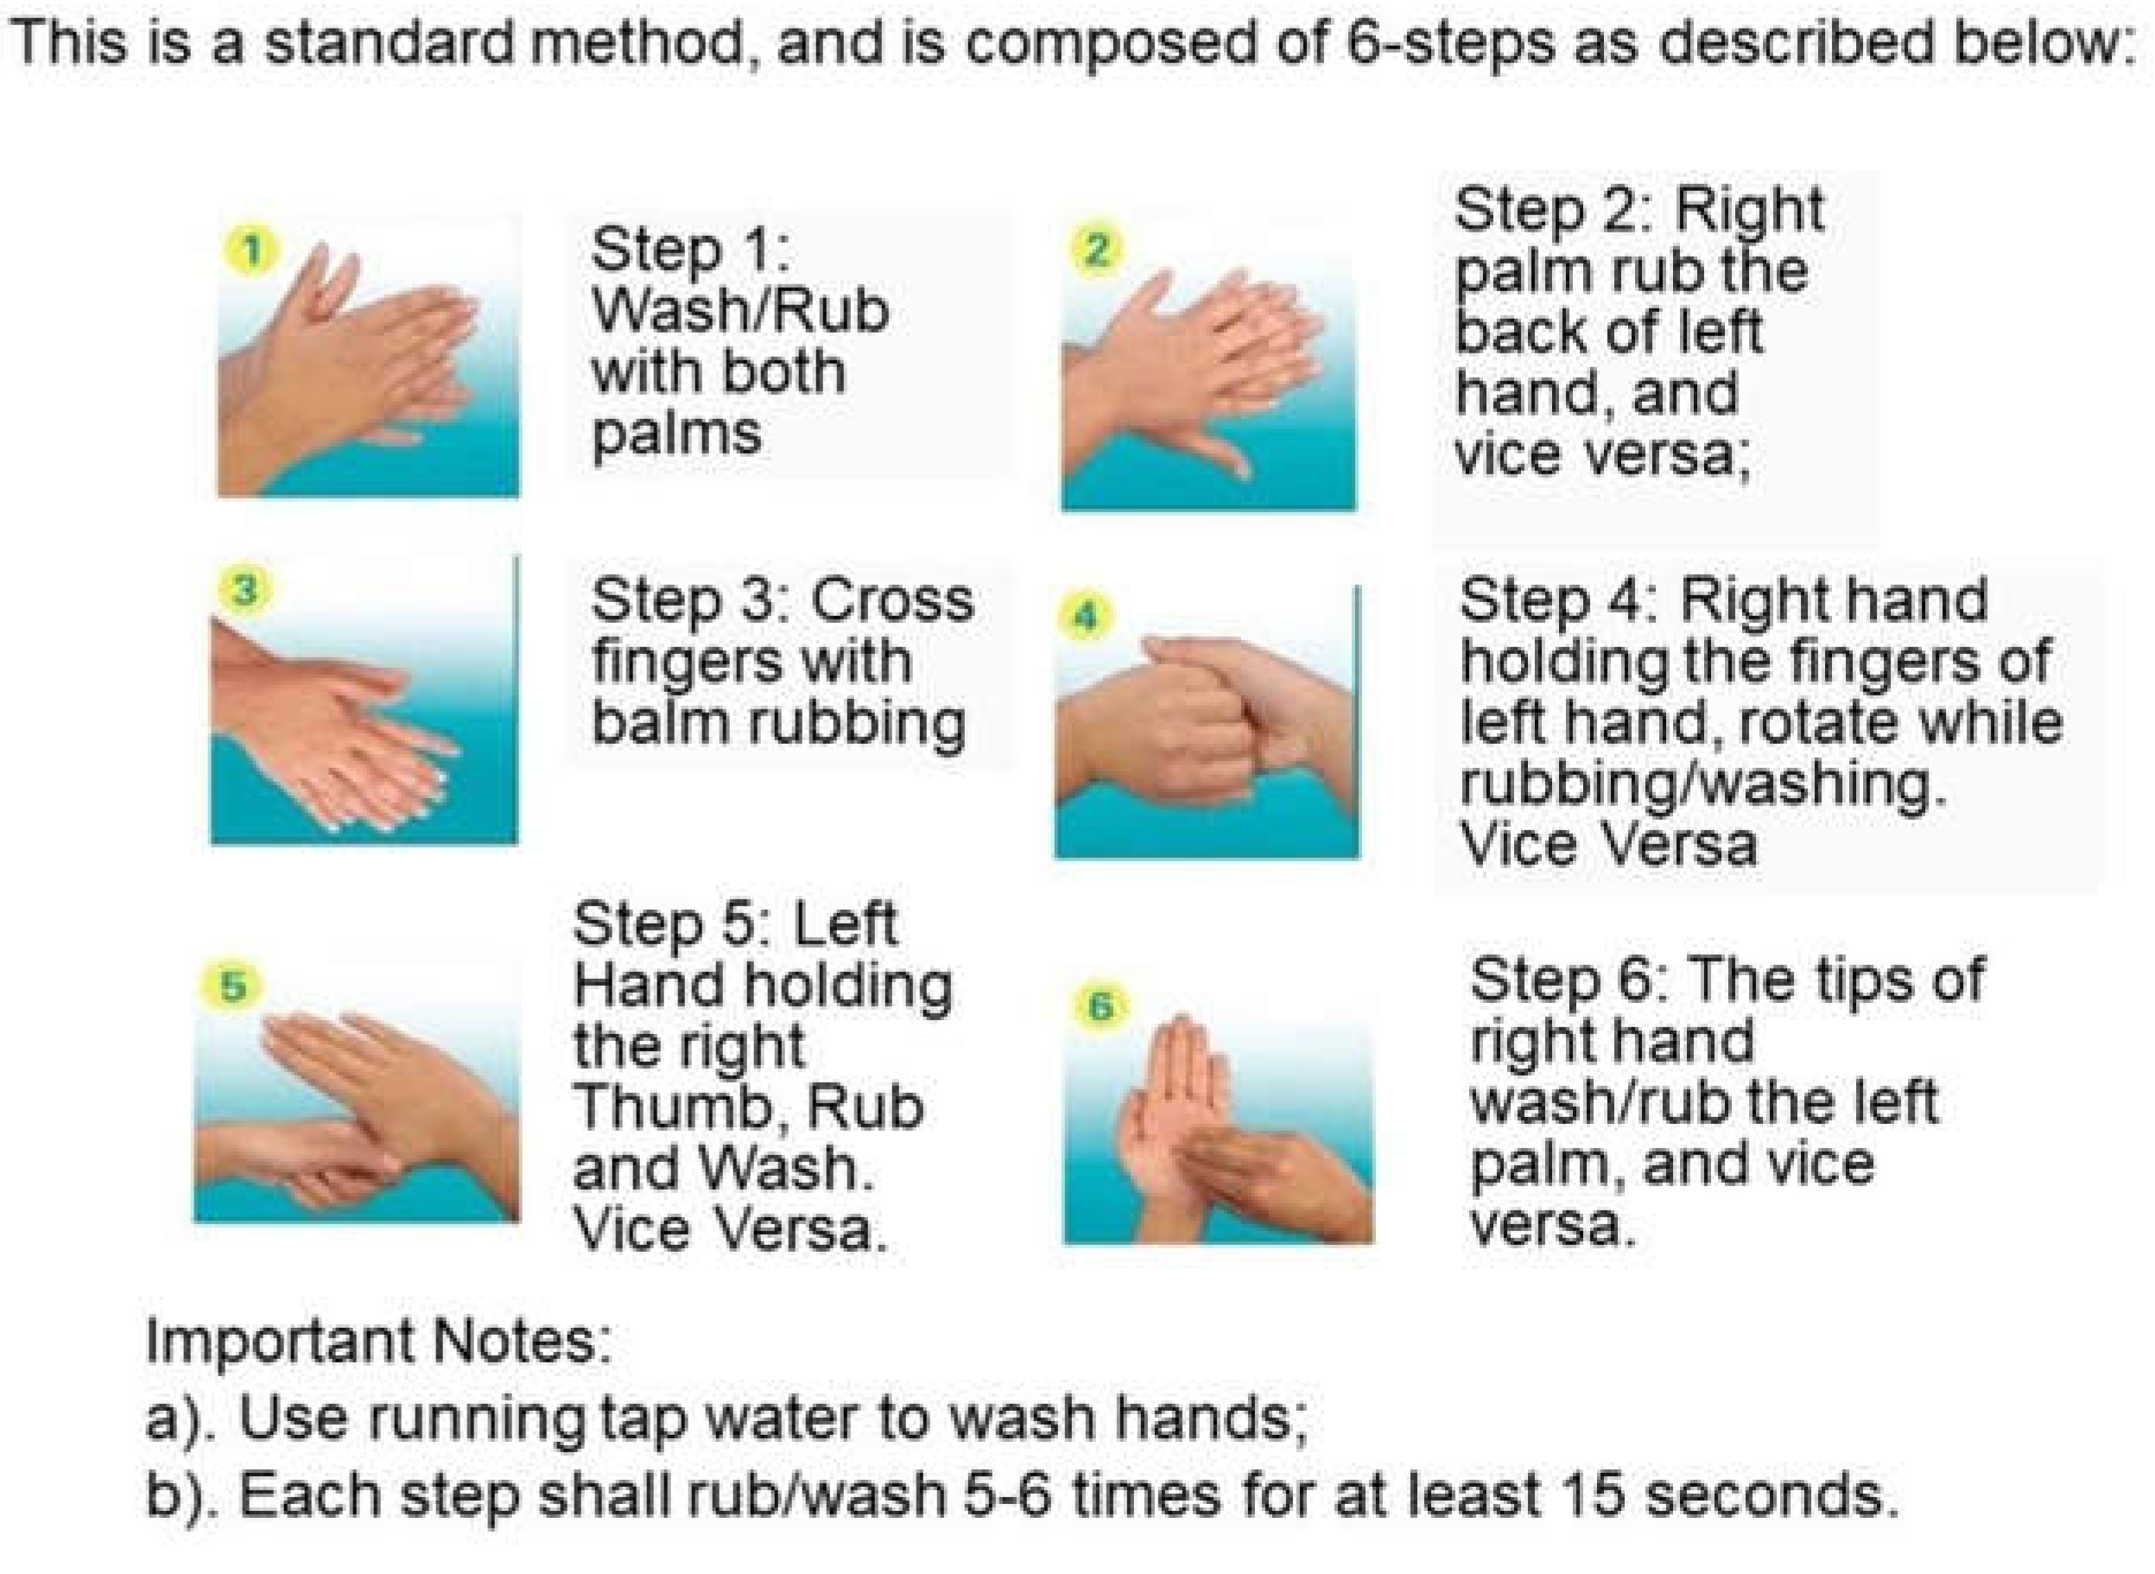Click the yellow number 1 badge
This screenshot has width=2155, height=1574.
coord(251,251)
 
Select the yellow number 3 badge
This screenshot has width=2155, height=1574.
coord(244,590)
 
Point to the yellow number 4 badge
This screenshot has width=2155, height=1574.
coord(1085,619)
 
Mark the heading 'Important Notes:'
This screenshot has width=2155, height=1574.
coord(378,1341)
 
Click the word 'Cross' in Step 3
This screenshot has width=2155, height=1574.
coord(891,600)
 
